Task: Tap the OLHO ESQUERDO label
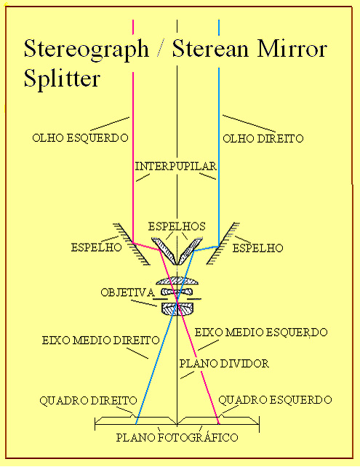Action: pos(80,138)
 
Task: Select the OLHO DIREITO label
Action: pos(263,138)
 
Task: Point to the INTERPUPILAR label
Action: pos(176,166)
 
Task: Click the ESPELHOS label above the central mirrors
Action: pos(177,226)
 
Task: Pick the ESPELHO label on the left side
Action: pos(97,247)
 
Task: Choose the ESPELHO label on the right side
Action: pos(258,248)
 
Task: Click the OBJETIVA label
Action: pos(127,292)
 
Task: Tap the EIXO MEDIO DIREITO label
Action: pos(100,340)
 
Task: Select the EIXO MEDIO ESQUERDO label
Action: pos(261,332)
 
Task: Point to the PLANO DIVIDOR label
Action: pos(224,364)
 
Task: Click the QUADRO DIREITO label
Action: pos(88,401)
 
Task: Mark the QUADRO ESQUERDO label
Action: pos(275,399)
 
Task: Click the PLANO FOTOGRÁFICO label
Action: pos(177,437)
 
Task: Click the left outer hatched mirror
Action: pos(132,244)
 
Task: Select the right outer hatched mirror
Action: pos(223,244)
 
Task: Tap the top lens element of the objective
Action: pos(177,281)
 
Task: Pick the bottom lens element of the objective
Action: pos(177,309)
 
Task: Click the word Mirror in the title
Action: pos(292,49)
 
